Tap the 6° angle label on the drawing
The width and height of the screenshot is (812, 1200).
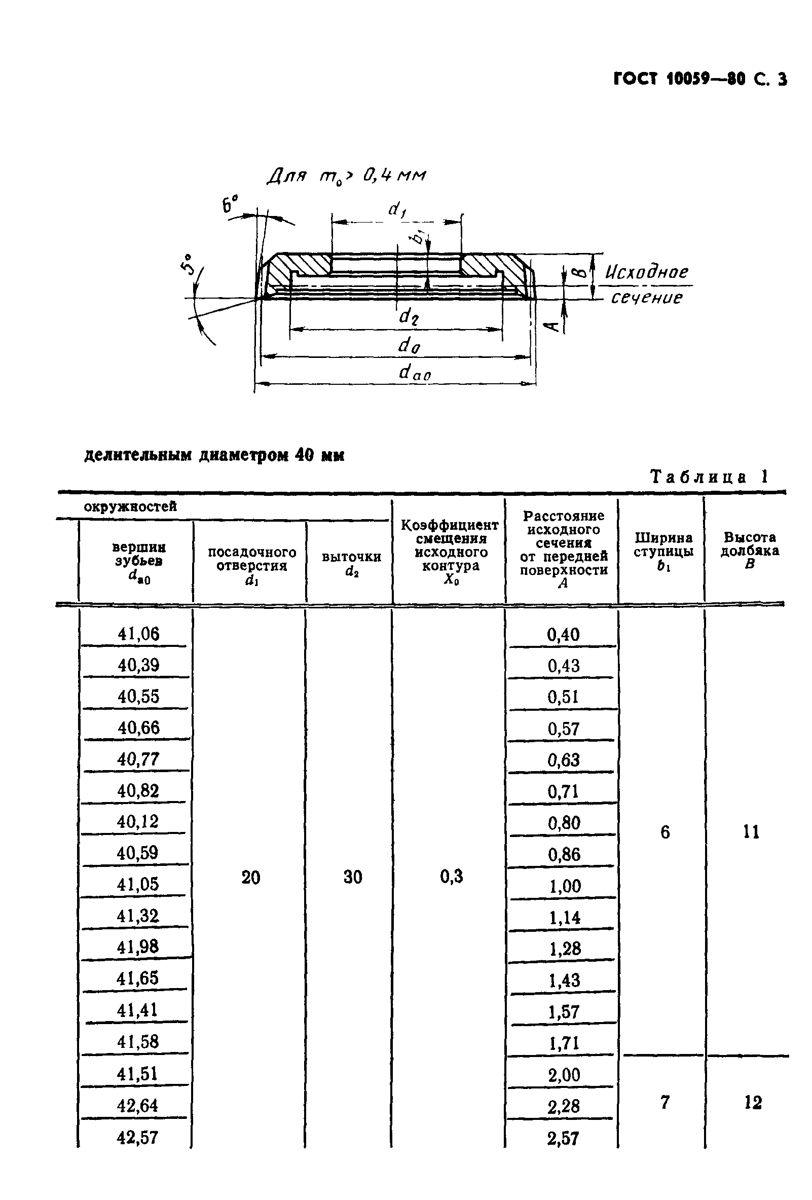click(230, 204)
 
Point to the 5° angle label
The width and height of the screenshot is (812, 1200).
click(189, 265)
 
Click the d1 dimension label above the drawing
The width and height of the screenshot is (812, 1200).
click(396, 210)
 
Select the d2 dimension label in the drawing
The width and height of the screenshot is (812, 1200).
click(409, 316)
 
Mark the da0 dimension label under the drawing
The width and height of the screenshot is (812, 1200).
click(415, 372)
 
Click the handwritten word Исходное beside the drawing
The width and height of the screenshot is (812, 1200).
click(646, 272)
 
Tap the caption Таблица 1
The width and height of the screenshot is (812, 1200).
click(709, 477)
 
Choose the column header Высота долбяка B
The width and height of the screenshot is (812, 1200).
click(750, 551)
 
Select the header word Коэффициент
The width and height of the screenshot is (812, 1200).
click(450, 526)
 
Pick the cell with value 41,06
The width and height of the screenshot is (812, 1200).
click(138, 634)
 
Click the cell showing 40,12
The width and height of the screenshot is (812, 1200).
click(137, 821)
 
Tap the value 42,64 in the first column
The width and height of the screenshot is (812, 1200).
click(138, 1106)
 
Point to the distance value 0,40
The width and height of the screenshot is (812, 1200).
click(563, 634)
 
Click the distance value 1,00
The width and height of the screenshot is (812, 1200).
click(565, 886)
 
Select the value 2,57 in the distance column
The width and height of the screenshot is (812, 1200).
click(563, 1138)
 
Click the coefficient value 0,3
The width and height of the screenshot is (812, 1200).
click(452, 876)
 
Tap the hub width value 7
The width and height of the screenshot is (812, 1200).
click(665, 1103)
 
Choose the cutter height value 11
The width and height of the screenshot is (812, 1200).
click(751, 832)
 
